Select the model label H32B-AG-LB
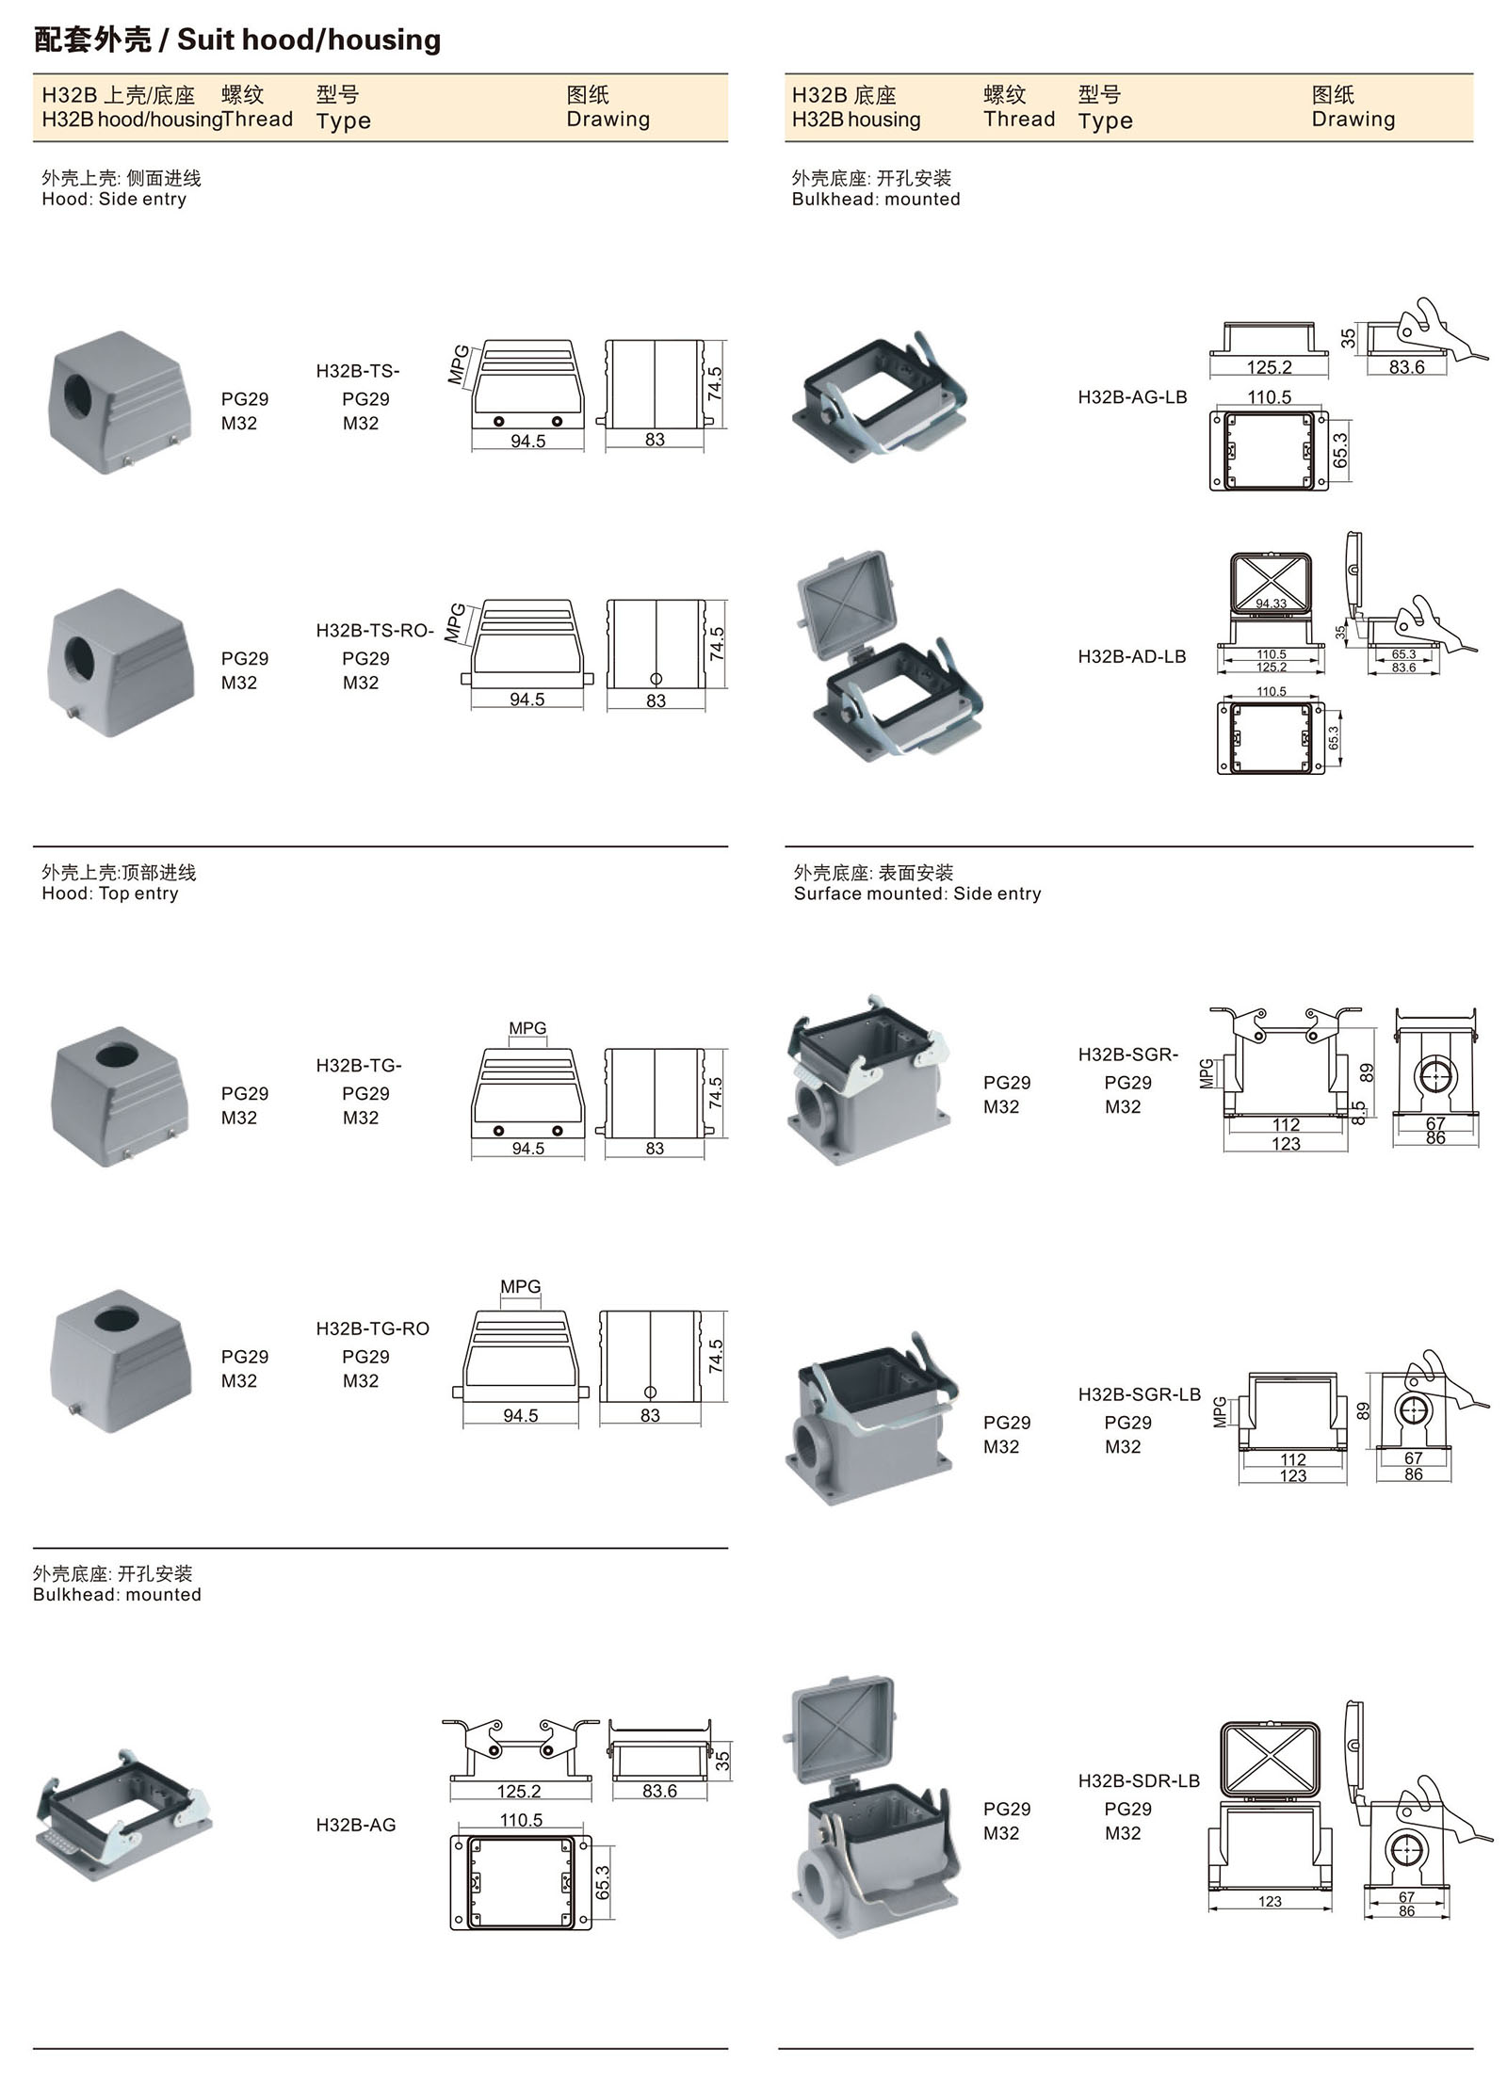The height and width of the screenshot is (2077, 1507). click(x=1132, y=397)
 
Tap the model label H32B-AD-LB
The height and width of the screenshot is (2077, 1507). click(x=1131, y=657)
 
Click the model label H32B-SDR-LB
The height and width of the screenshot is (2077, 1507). click(x=1139, y=1781)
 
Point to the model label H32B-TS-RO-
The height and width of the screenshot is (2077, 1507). click(x=374, y=631)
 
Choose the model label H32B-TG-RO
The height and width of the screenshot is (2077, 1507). click(x=372, y=1328)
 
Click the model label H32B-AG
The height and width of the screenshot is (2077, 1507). click(x=355, y=1825)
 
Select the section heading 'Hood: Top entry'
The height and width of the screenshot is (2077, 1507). click(x=109, y=894)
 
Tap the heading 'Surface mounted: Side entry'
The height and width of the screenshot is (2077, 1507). click(x=916, y=894)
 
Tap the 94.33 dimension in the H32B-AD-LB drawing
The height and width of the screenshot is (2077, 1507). click(x=1271, y=604)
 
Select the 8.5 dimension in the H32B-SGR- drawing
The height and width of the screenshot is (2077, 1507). click(x=1358, y=1113)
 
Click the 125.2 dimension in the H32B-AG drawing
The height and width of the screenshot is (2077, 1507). click(x=519, y=1791)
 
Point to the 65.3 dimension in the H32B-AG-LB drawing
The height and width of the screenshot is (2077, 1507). click(x=1341, y=450)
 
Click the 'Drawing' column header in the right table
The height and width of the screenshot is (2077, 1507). click(x=1353, y=120)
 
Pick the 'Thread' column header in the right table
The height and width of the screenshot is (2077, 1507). click(x=1018, y=120)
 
